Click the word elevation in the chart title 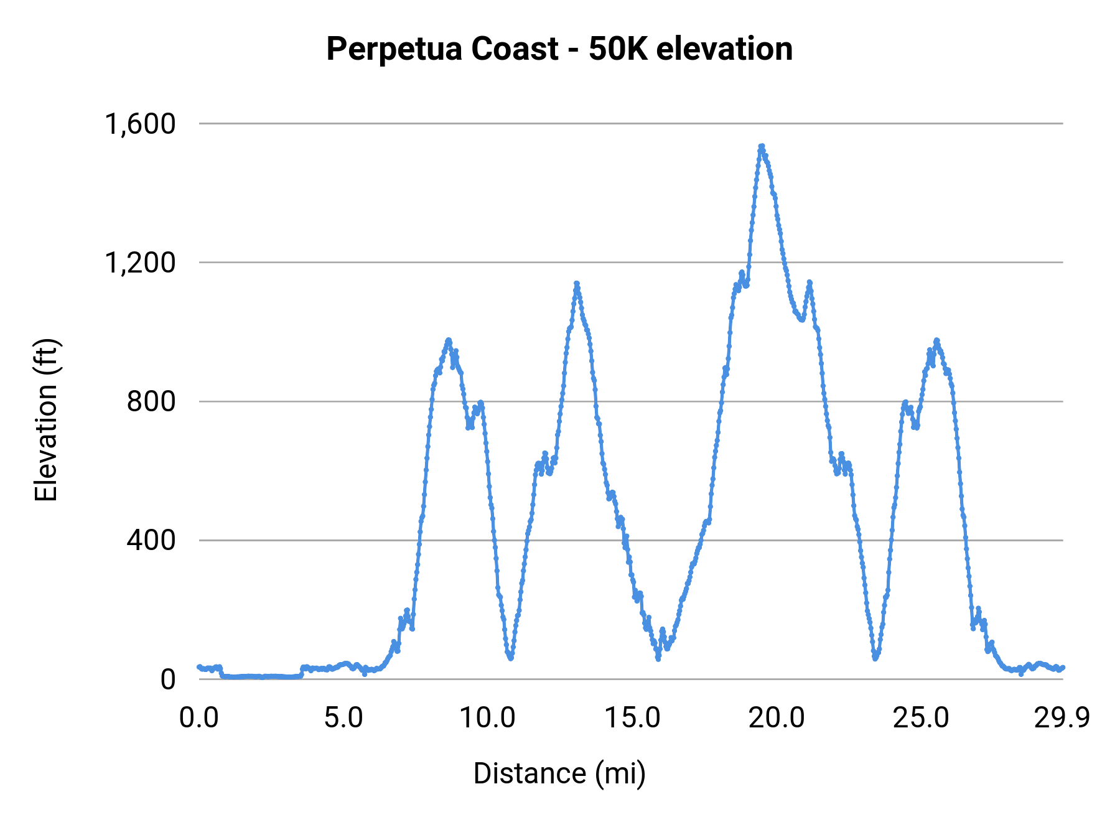click(x=724, y=49)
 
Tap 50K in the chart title click(x=618, y=49)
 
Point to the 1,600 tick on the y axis click(x=140, y=124)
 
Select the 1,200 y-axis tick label click(x=140, y=263)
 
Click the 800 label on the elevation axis click(x=151, y=401)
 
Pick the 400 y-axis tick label click(x=151, y=540)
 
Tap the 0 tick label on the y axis click(x=168, y=679)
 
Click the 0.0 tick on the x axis click(x=199, y=718)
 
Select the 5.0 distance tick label click(x=343, y=718)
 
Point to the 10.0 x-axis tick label click(x=488, y=718)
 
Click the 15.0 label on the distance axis click(x=632, y=718)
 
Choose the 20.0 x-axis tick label click(x=777, y=718)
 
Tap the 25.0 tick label click(x=921, y=718)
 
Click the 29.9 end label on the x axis click(x=1062, y=718)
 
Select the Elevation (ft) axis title click(x=46, y=421)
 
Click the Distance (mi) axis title click(x=559, y=773)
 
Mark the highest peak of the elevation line click(x=762, y=146)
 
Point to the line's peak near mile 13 click(x=577, y=284)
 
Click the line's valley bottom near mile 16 click(x=658, y=658)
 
